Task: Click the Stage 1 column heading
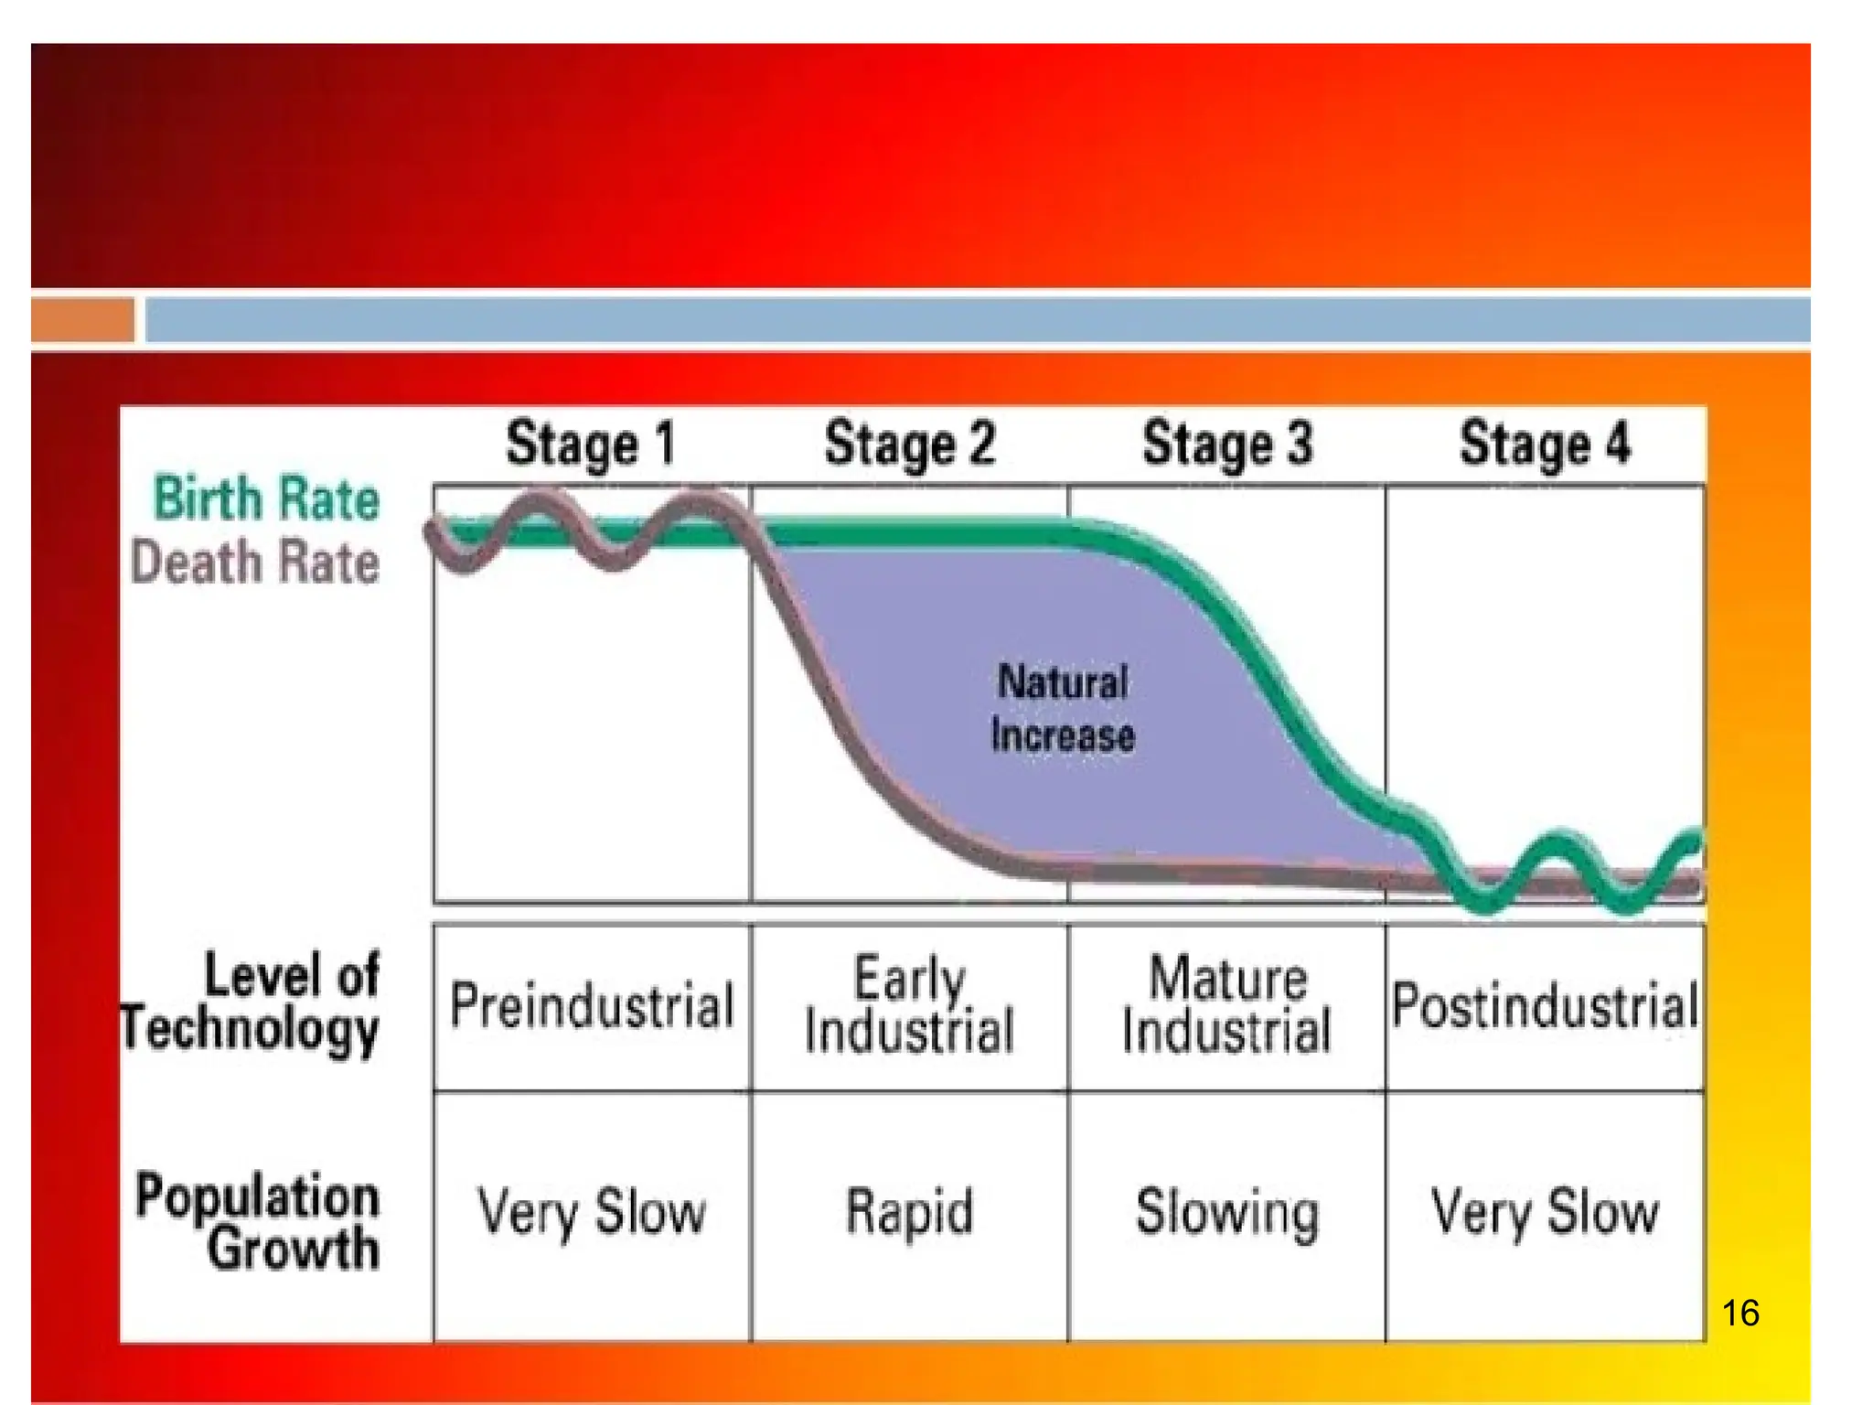[591, 445]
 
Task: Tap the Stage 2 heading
[909, 445]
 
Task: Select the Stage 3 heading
[1227, 445]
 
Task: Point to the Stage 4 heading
[1545, 445]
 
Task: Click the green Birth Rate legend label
[266, 499]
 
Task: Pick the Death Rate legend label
[255, 562]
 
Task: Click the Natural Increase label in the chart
[1063, 709]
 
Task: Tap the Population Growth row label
[258, 1221]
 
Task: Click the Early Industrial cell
[910, 1005]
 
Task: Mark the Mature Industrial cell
[1227, 1005]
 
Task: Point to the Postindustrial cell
[1546, 1005]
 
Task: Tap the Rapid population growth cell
[910, 1213]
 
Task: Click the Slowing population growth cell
[1227, 1213]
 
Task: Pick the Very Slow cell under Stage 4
[1546, 1213]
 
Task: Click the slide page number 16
[1740, 1314]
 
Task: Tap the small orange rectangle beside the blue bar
[82, 320]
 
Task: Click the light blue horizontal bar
[977, 320]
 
